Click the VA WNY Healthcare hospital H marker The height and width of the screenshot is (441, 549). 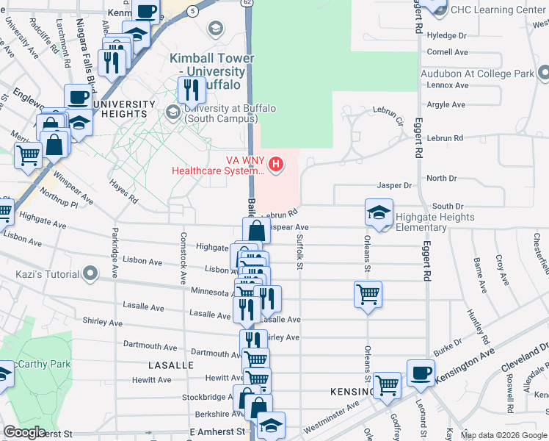coord(276,163)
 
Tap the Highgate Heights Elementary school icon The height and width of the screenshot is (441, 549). coord(379,212)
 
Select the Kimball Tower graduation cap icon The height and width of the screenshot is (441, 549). coord(215,29)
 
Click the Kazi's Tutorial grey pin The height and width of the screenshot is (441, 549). coord(91,275)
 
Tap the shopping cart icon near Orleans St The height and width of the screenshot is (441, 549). coord(368,294)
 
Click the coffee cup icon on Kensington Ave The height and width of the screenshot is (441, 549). coord(421,373)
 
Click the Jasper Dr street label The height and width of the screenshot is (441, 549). coord(394,186)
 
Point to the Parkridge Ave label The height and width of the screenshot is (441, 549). coord(114,253)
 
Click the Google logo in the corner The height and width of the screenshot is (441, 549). coord(24,432)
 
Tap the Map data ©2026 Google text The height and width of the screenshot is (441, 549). coord(503,435)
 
